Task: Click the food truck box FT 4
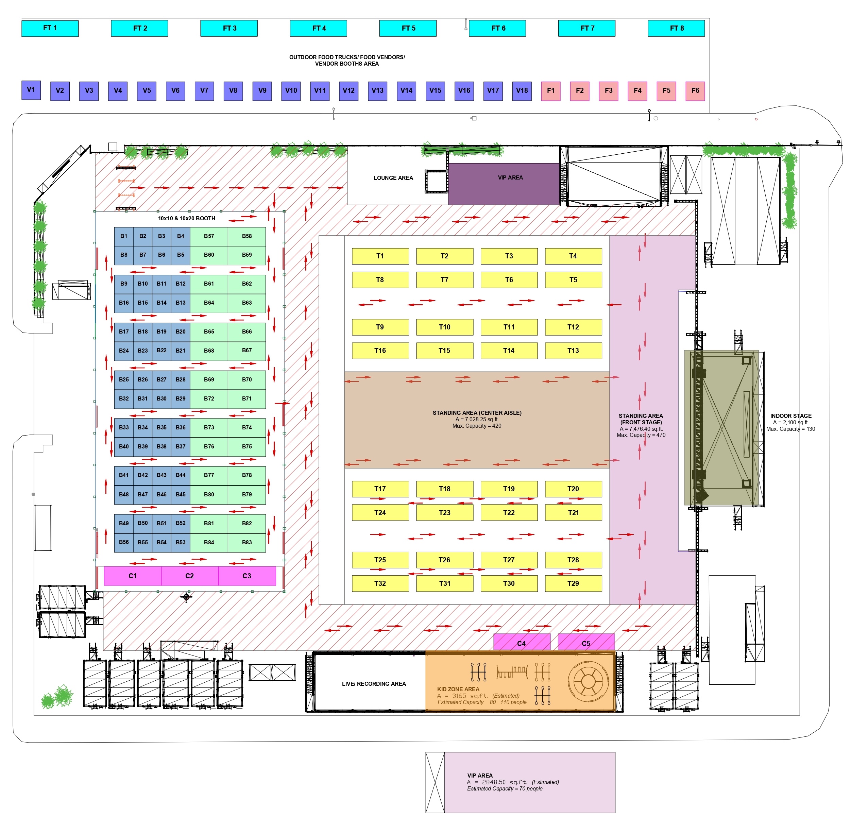click(319, 28)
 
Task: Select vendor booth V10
click(291, 91)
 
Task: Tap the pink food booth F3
click(609, 91)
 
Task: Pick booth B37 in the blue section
click(180, 446)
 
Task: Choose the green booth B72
click(209, 398)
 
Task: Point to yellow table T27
click(509, 560)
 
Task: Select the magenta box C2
click(189, 576)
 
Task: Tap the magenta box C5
click(586, 643)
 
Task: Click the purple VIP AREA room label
click(510, 177)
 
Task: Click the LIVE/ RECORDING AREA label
click(374, 684)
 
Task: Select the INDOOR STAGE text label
click(791, 416)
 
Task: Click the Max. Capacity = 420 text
click(477, 426)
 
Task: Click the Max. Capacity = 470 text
click(641, 435)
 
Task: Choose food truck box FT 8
click(676, 28)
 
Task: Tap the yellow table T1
click(380, 256)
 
